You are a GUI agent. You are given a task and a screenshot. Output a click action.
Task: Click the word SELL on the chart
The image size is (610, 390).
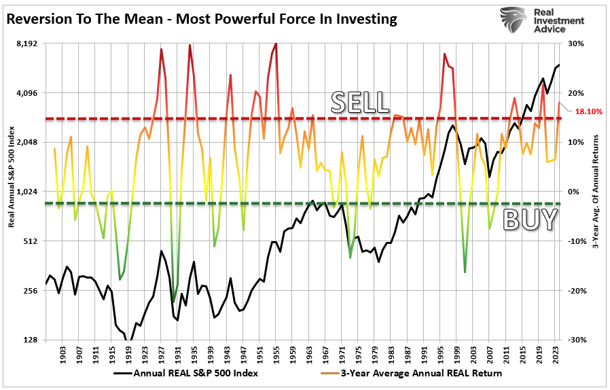(359, 102)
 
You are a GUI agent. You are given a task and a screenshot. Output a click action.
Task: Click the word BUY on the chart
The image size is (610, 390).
(530, 220)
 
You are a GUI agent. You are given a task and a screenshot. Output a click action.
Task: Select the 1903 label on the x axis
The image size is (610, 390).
(62, 355)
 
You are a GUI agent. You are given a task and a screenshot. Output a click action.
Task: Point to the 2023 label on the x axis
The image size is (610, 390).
(555, 355)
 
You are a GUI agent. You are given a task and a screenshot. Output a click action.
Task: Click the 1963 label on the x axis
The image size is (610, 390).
(308, 355)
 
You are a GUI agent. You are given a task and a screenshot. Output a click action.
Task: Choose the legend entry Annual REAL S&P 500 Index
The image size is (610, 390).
(185, 373)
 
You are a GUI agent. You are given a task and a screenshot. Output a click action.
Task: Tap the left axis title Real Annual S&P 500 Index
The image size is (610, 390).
(11, 192)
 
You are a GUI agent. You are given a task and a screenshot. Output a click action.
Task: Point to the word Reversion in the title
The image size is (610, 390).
(40, 19)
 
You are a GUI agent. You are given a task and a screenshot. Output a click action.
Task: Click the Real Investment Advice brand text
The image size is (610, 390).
(558, 21)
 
